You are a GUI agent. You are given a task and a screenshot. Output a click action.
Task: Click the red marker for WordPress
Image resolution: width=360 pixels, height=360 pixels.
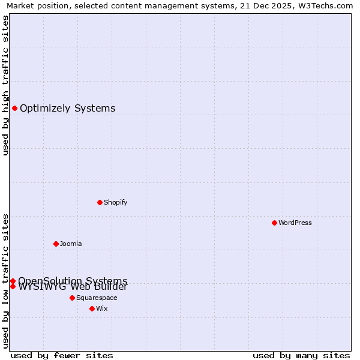coord(274,223)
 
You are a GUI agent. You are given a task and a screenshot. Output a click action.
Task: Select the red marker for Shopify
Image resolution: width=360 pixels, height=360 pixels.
coord(100,202)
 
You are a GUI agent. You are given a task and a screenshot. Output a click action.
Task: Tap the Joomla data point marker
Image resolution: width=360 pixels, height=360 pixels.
coord(56,244)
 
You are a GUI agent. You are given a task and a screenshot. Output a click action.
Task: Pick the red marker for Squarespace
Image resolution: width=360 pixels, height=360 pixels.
coord(72,298)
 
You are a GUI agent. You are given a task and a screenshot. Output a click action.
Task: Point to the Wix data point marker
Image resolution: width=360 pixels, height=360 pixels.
coord(92,308)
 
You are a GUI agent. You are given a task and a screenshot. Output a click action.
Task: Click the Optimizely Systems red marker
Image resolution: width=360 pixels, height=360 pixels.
coord(14,108)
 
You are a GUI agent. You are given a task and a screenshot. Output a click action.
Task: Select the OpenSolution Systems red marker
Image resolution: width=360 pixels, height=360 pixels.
coord(13,281)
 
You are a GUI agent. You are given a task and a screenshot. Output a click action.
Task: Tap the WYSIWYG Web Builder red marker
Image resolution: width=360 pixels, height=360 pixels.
coord(13,286)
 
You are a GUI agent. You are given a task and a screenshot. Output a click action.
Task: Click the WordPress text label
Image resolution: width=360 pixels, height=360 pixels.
coord(295,223)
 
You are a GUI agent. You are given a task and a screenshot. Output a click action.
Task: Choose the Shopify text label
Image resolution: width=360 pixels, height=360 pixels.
coord(116,202)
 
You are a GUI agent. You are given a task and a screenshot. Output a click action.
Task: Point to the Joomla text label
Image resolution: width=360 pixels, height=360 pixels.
coord(71,244)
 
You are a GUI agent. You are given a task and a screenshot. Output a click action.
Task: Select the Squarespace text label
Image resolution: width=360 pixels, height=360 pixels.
coord(97,298)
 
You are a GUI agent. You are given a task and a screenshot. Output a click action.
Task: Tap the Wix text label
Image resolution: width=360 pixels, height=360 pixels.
coord(102,308)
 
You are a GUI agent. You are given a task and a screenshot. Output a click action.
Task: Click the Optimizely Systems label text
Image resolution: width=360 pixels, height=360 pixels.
coord(68,109)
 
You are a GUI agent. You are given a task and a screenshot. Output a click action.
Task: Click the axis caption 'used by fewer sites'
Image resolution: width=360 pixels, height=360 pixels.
coord(62,355)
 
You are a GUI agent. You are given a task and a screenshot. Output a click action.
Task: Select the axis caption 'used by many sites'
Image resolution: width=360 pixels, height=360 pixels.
coord(301,355)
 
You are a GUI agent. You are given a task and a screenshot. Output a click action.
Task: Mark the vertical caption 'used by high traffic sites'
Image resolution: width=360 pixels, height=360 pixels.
coord(6,85)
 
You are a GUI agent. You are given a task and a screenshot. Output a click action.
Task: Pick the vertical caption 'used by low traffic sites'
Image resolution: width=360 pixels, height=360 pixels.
coord(6,280)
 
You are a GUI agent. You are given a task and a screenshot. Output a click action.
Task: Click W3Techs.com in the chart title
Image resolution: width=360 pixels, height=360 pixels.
coord(325,6)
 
